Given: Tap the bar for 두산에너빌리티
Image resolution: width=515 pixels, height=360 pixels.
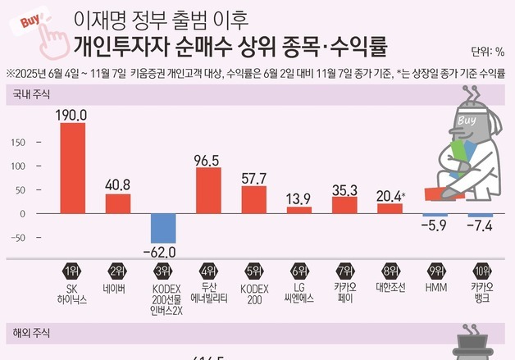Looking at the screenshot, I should coord(208,190).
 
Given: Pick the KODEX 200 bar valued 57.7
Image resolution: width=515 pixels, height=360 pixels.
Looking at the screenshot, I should coord(254,199).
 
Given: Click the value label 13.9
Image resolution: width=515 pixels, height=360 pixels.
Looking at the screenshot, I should coord(299,198).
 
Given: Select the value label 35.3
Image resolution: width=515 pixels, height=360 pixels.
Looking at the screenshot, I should coord(344,191).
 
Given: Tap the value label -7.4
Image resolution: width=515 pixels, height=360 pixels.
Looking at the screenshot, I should coord(481,226).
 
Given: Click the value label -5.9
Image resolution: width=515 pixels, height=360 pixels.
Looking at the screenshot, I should coord(435,226).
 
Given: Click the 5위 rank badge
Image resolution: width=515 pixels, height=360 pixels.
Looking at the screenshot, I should coord(254,271).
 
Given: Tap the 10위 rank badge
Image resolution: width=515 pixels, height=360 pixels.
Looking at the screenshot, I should coord(481,271).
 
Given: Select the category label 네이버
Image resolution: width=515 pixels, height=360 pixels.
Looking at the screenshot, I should coord(118,289).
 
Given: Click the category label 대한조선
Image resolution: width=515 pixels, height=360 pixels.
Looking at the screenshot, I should coord(390,289).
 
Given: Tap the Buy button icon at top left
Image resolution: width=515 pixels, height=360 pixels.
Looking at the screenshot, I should coord(31,25).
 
